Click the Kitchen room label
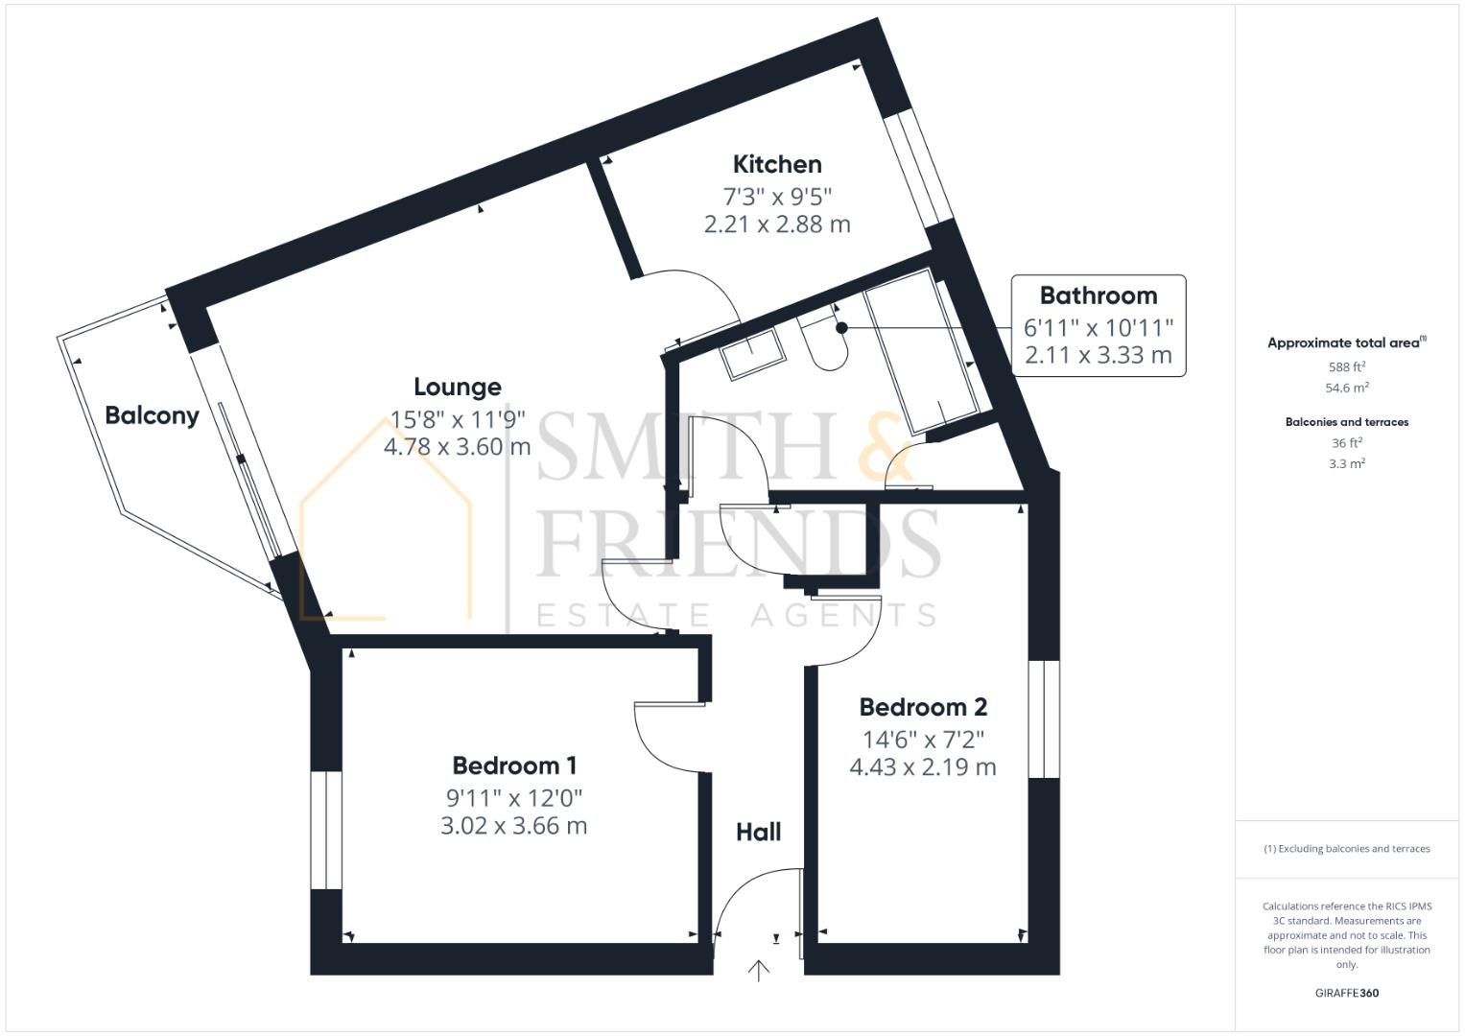point(777,164)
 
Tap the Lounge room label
point(457,387)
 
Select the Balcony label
point(152,415)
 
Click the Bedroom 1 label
point(514,765)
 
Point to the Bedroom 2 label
point(923,707)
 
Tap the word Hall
point(758,832)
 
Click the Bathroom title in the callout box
point(1098,295)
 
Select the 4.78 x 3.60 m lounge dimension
point(457,446)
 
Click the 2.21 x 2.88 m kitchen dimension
point(777,224)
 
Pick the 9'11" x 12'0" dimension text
point(514,797)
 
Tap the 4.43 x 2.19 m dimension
point(923,767)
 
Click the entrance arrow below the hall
point(759,971)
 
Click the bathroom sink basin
point(753,354)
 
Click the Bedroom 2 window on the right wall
point(1043,718)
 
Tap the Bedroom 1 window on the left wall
point(326,830)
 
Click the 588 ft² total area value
point(1347,366)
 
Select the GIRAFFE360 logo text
point(1346,993)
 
